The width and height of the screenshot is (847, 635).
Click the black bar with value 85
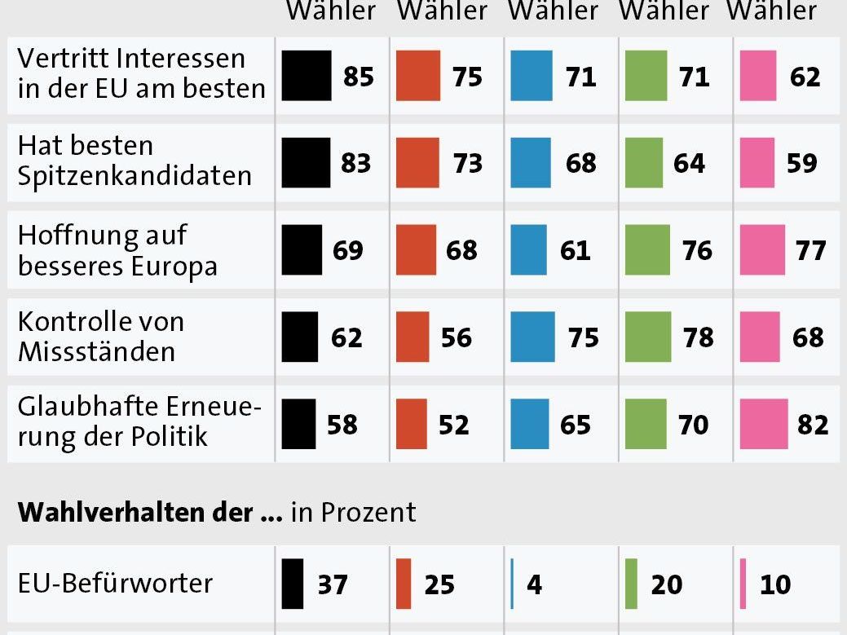[x=307, y=76]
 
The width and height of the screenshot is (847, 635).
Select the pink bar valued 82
[x=764, y=424]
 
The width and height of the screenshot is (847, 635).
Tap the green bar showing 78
[x=648, y=337]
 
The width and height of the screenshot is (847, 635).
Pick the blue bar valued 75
[x=532, y=337]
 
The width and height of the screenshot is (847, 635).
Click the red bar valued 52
[x=412, y=424]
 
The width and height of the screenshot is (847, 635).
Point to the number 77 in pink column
[x=811, y=249]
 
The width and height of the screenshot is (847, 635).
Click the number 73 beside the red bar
[x=468, y=163]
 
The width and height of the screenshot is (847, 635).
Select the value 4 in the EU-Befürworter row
[x=534, y=584]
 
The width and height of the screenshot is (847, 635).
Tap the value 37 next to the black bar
[x=333, y=584]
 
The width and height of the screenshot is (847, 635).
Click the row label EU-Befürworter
[x=115, y=584]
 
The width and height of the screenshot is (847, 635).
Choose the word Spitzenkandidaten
[x=135, y=176]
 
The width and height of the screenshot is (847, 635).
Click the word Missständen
[x=96, y=351]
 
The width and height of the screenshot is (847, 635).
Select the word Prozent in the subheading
[x=368, y=512]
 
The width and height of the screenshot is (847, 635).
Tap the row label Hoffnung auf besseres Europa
[x=117, y=249]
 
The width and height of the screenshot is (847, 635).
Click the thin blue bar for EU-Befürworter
[x=512, y=584]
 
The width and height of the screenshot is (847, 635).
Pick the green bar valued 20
[x=631, y=584]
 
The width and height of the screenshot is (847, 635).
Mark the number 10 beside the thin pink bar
[x=774, y=584]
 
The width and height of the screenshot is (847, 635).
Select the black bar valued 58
[x=299, y=424]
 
